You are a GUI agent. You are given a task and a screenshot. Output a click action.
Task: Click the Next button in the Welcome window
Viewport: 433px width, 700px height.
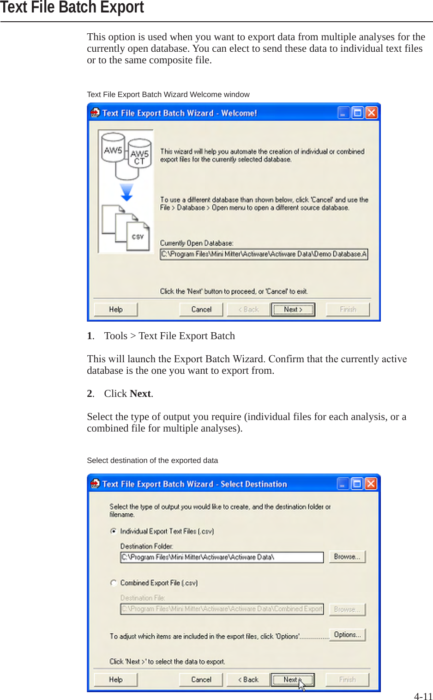293,310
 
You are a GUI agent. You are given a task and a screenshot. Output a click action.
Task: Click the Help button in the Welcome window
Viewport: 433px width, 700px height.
116,310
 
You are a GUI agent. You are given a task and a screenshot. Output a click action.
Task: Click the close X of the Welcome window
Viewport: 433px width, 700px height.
372,113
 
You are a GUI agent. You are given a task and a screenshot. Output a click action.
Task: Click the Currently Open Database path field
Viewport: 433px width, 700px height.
264,254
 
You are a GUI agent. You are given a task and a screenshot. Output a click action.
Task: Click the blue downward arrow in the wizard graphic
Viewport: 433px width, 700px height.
126,192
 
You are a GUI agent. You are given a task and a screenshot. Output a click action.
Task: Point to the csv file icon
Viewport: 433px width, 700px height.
138,237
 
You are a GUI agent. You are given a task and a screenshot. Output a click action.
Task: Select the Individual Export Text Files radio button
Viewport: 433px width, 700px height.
113,531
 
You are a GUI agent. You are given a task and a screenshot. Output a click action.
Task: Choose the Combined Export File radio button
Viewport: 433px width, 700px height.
113,583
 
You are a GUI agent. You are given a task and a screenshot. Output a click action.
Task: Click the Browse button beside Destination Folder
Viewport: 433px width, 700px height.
347,557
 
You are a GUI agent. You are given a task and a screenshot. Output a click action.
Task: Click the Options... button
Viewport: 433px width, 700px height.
347,635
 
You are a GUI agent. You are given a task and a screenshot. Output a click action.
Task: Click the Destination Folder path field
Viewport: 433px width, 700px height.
222,557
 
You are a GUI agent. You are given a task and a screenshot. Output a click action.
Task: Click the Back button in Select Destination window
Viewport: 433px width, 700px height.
248,680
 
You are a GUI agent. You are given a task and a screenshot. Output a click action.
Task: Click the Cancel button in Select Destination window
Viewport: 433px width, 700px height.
201,680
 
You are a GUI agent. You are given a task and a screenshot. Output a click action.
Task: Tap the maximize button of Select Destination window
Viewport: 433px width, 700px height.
357,484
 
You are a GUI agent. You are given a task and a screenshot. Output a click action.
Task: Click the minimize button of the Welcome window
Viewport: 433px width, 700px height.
343,113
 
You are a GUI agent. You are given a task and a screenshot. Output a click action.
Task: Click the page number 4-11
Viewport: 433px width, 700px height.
423,696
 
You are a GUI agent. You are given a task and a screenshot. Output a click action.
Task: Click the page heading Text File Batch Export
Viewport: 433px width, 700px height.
72,7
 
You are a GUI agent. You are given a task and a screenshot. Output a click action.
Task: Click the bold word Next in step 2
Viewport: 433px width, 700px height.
140,394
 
